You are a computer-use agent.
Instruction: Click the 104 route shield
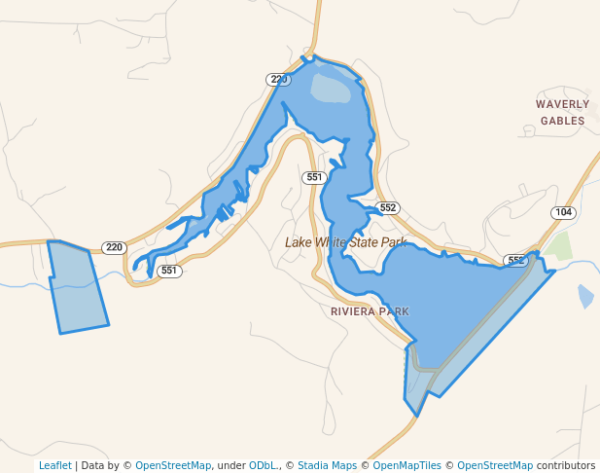click(563, 212)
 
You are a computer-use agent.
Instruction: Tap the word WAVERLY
click(562, 104)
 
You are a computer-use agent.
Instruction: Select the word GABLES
click(563, 122)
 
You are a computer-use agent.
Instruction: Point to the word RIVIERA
click(353, 311)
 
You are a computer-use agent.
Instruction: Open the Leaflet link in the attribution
click(54, 465)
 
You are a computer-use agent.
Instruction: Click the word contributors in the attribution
click(565, 465)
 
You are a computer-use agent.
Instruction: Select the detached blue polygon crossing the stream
click(78, 287)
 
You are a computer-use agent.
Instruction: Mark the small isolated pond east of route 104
click(585, 296)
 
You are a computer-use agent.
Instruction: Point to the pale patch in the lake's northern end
click(331, 89)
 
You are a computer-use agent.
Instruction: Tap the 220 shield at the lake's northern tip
click(279, 80)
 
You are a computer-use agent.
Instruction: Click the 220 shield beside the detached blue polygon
click(115, 247)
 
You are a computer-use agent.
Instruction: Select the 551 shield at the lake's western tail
click(169, 271)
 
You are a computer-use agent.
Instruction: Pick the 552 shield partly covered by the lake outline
click(515, 261)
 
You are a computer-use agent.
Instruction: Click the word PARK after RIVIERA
click(395, 311)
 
